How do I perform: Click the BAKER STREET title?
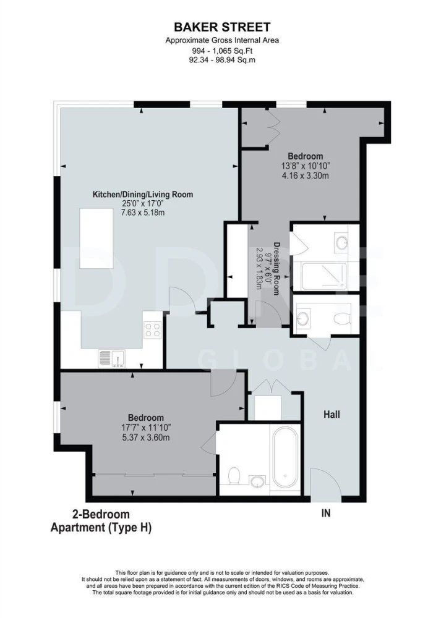pyautogui.click(x=222, y=27)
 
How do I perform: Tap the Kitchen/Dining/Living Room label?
pyautogui.click(x=143, y=194)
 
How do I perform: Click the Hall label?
pyautogui.click(x=332, y=414)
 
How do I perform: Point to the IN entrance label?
pyautogui.click(x=326, y=513)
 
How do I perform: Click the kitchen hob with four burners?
pyautogui.click(x=153, y=330)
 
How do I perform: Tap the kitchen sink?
pyautogui.click(x=112, y=358)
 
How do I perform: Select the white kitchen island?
pyautogui.click(x=96, y=239)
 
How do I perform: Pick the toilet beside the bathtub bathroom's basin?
pyautogui.click(x=234, y=476)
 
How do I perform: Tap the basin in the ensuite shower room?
pyautogui.click(x=341, y=242)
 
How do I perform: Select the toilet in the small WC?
pyautogui.click(x=342, y=318)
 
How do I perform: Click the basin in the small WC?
pyautogui.click(x=304, y=318)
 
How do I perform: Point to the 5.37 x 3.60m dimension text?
pyautogui.click(x=145, y=438)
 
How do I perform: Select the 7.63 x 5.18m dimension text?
pyautogui.click(x=143, y=213)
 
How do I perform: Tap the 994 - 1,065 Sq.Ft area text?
pyautogui.click(x=222, y=51)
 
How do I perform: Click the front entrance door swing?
pyautogui.click(x=326, y=485)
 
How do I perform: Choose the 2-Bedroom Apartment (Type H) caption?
pyautogui.click(x=101, y=521)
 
